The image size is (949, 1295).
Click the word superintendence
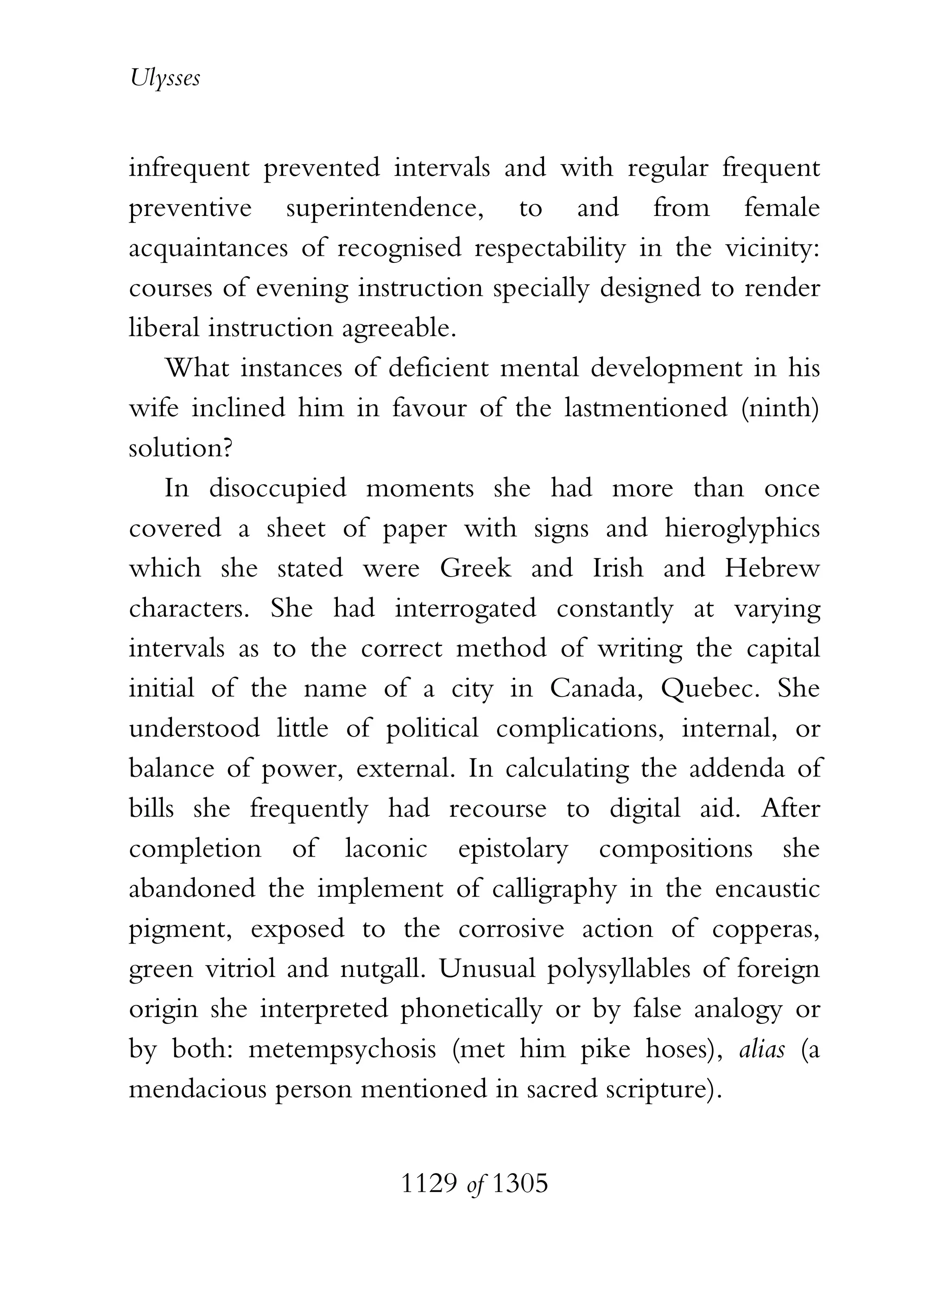(x=384, y=209)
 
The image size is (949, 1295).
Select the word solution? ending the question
(x=180, y=448)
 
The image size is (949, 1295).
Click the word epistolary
(x=512, y=849)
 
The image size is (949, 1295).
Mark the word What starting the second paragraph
(x=197, y=368)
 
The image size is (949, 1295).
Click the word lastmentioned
(x=645, y=408)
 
